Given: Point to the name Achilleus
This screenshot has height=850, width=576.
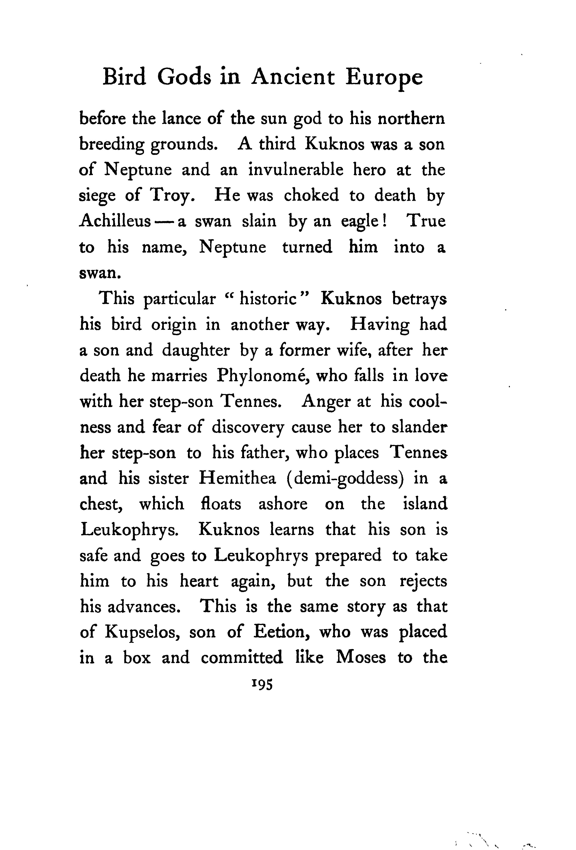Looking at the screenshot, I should pyautogui.click(x=115, y=221).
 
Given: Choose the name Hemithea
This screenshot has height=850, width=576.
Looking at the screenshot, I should pyautogui.click(x=237, y=479).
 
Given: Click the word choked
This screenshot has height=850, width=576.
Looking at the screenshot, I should pyautogui.click(x=311, y=196).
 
